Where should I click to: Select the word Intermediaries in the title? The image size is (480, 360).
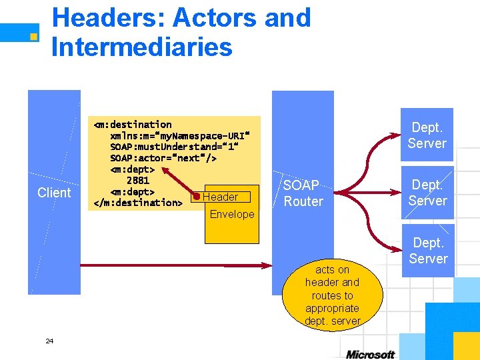tap(141, 47)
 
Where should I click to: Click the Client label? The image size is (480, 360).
tap(54, 193)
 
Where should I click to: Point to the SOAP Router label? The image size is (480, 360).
tap(303, 193)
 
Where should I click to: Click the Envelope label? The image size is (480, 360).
tap(232, 214)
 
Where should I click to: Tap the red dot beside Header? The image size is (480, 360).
tap(196, 196)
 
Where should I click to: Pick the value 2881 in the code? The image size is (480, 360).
tap(138, 180)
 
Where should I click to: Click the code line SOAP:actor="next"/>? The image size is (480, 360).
tap(163, 158)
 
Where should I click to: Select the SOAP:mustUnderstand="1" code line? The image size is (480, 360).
tap(174, 147)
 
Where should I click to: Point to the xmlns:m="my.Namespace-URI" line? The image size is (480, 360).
tap(176, 135)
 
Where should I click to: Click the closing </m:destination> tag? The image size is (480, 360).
tap(138, 203)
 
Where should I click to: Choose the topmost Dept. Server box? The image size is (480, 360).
tap(427, 135)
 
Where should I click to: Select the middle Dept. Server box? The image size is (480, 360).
tap(427, 193)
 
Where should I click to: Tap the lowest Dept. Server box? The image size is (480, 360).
tap(428, 251)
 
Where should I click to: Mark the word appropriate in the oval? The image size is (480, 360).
tap(333, 308)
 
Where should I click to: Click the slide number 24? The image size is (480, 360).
tap(49, 341)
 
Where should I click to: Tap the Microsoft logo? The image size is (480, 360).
tap(370, 354)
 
